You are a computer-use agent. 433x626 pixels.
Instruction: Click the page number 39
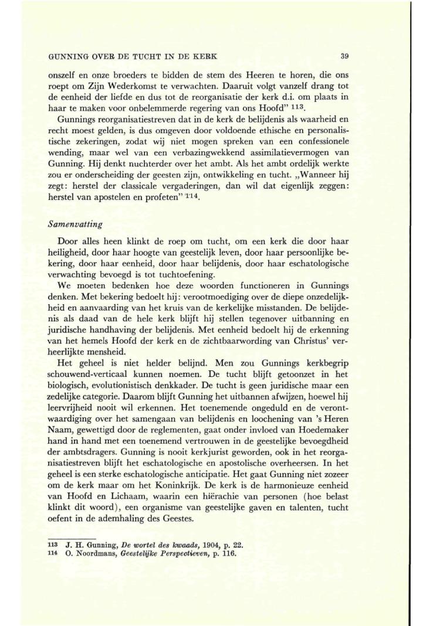344,57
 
